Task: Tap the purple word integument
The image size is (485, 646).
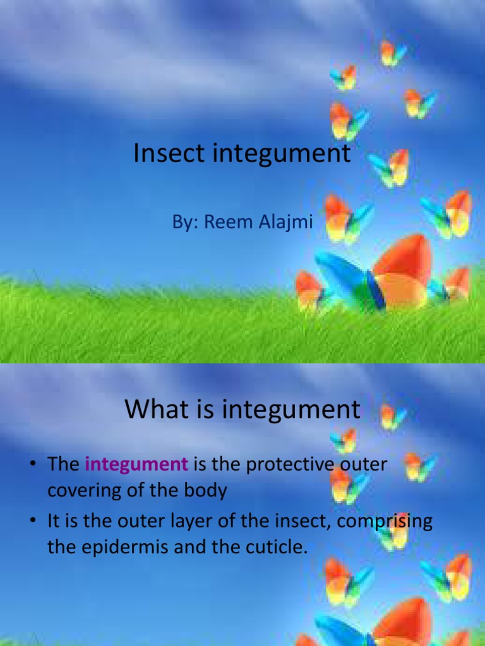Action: (x=136, y=465)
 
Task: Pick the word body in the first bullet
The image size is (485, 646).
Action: (x=205, y=490)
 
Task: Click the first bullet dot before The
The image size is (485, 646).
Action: (x=31, y=466)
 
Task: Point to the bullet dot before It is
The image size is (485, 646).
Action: (x=31, y=522)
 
